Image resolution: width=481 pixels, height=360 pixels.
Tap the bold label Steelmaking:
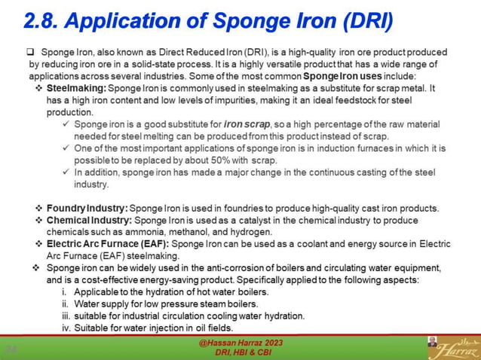tap(76, 88)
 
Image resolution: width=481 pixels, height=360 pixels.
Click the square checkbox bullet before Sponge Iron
tap(31, 52)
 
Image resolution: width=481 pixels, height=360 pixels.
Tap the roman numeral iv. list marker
tap(66, 328)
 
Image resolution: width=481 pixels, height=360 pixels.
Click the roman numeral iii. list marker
tap(66, 316)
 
